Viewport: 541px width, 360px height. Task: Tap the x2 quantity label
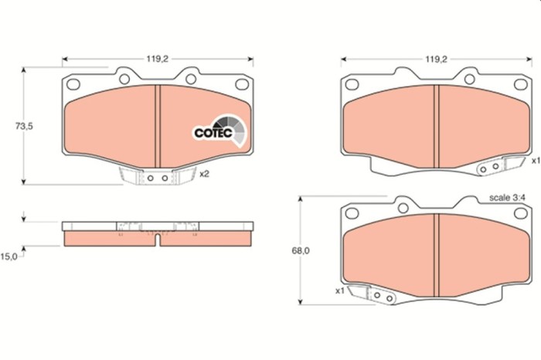[x=204, y=175]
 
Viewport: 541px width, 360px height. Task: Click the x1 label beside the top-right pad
[x=535, y=161]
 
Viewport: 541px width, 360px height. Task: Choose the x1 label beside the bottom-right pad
[x=339, y=291]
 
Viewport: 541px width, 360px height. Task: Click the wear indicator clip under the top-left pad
[x=157, y=178]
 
